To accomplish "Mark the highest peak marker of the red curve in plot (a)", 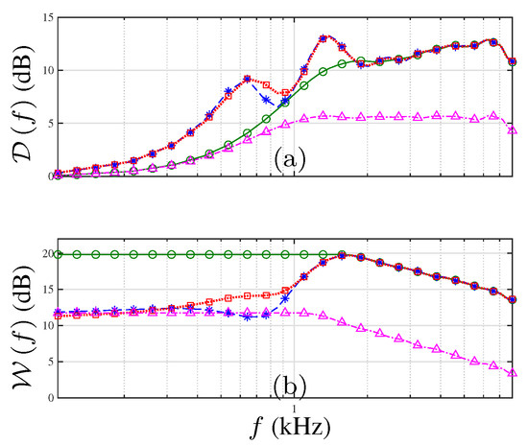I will click(x=324, y=37).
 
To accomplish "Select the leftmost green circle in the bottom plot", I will click(x=59, y=254).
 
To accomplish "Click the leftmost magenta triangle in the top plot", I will click(x=59, y=175).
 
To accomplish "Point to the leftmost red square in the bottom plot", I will click(x=59, y=315).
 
